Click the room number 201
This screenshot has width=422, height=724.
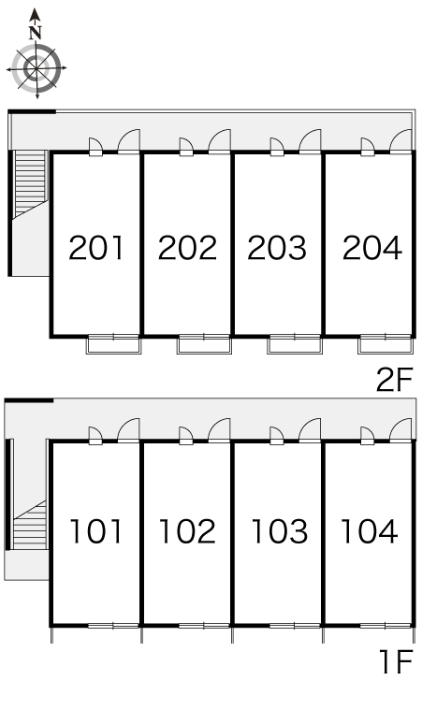point(96,248)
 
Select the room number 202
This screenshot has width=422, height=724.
point(187,248)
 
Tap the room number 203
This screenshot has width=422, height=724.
point(277,248)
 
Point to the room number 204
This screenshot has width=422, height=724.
point(372,248)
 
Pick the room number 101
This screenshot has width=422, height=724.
point(96,531)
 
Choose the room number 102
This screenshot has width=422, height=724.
point(187,531)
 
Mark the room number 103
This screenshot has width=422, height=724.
point(280,531)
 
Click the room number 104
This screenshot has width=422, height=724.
point(370,531)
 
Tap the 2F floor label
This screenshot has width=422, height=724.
point(394,381)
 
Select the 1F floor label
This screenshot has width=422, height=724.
point(396,661)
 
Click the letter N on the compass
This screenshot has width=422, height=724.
point(36,34)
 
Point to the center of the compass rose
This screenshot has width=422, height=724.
point(36,68)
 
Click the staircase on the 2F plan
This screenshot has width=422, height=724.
point(31,183)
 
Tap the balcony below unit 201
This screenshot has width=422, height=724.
point(113,344)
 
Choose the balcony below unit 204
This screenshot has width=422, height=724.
point(386,344)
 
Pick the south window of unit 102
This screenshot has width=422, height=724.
point(204,626)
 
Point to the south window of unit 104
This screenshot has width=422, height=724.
point(386,626)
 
